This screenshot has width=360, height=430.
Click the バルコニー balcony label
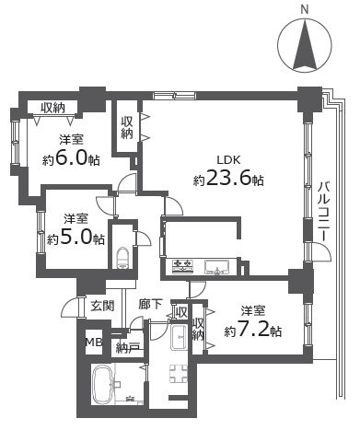coord(325,214)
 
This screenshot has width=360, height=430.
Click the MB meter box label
coord(92,343)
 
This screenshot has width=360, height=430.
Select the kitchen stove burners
coord(181,268)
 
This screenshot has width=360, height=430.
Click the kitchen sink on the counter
coord(216,268)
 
